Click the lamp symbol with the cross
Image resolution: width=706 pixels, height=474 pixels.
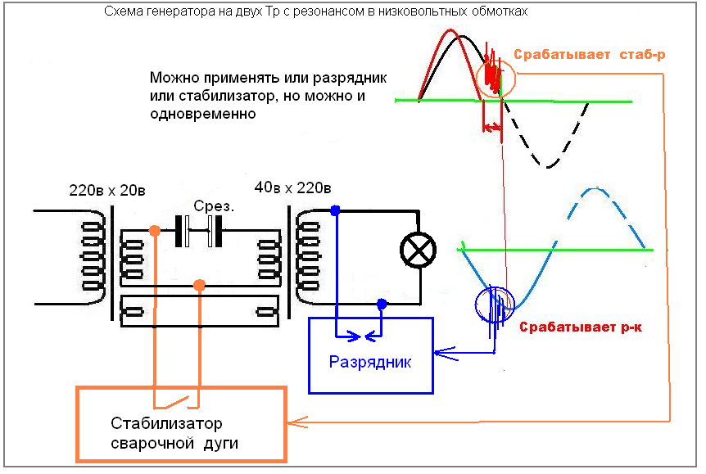[418, 250]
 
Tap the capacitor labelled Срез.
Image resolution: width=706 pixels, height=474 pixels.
[198, 231]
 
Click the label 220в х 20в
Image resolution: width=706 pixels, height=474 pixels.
[107, 191]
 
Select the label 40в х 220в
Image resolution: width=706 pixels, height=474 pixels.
[292, 187]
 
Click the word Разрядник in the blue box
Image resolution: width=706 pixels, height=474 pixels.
[370, 362]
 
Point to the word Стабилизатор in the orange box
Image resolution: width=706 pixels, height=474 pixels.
[166, 423]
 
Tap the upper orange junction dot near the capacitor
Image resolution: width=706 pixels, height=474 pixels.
[155, 231]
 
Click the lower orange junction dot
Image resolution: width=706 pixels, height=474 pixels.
[199, 285]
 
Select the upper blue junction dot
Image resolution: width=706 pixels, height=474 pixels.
[335, 210]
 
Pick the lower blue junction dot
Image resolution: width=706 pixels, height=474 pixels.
[382, 305]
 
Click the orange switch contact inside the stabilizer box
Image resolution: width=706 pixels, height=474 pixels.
[177, 402]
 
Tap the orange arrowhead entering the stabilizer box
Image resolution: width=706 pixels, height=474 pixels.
[297, 422]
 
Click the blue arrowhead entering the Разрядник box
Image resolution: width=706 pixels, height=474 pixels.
[445, 354]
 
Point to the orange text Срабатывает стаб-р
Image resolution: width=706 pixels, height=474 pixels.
[590, 55]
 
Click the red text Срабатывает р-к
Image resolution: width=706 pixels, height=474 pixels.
[581, 327]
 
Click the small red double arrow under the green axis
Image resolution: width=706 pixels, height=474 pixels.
[491, 127]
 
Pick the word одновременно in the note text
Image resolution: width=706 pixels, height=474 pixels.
[202, 114]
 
